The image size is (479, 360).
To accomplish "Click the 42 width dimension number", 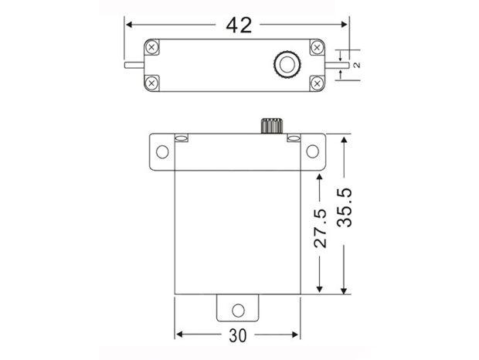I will (x=239, y=25).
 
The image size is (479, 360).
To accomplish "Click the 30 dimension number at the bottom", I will (x=238, y=337).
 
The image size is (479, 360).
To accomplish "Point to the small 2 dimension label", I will (x=356, y=65).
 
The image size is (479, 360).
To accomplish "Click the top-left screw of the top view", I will (x=152, y=47).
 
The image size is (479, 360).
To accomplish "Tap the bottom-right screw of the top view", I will (x=316, y=81).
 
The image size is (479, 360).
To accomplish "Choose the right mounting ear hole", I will (x=313, y=151).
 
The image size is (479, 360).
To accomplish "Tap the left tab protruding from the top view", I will (x=132, y=66).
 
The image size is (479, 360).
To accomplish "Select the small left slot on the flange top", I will (x=182, y=139).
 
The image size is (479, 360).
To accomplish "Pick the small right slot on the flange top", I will (x=293, y=139).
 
